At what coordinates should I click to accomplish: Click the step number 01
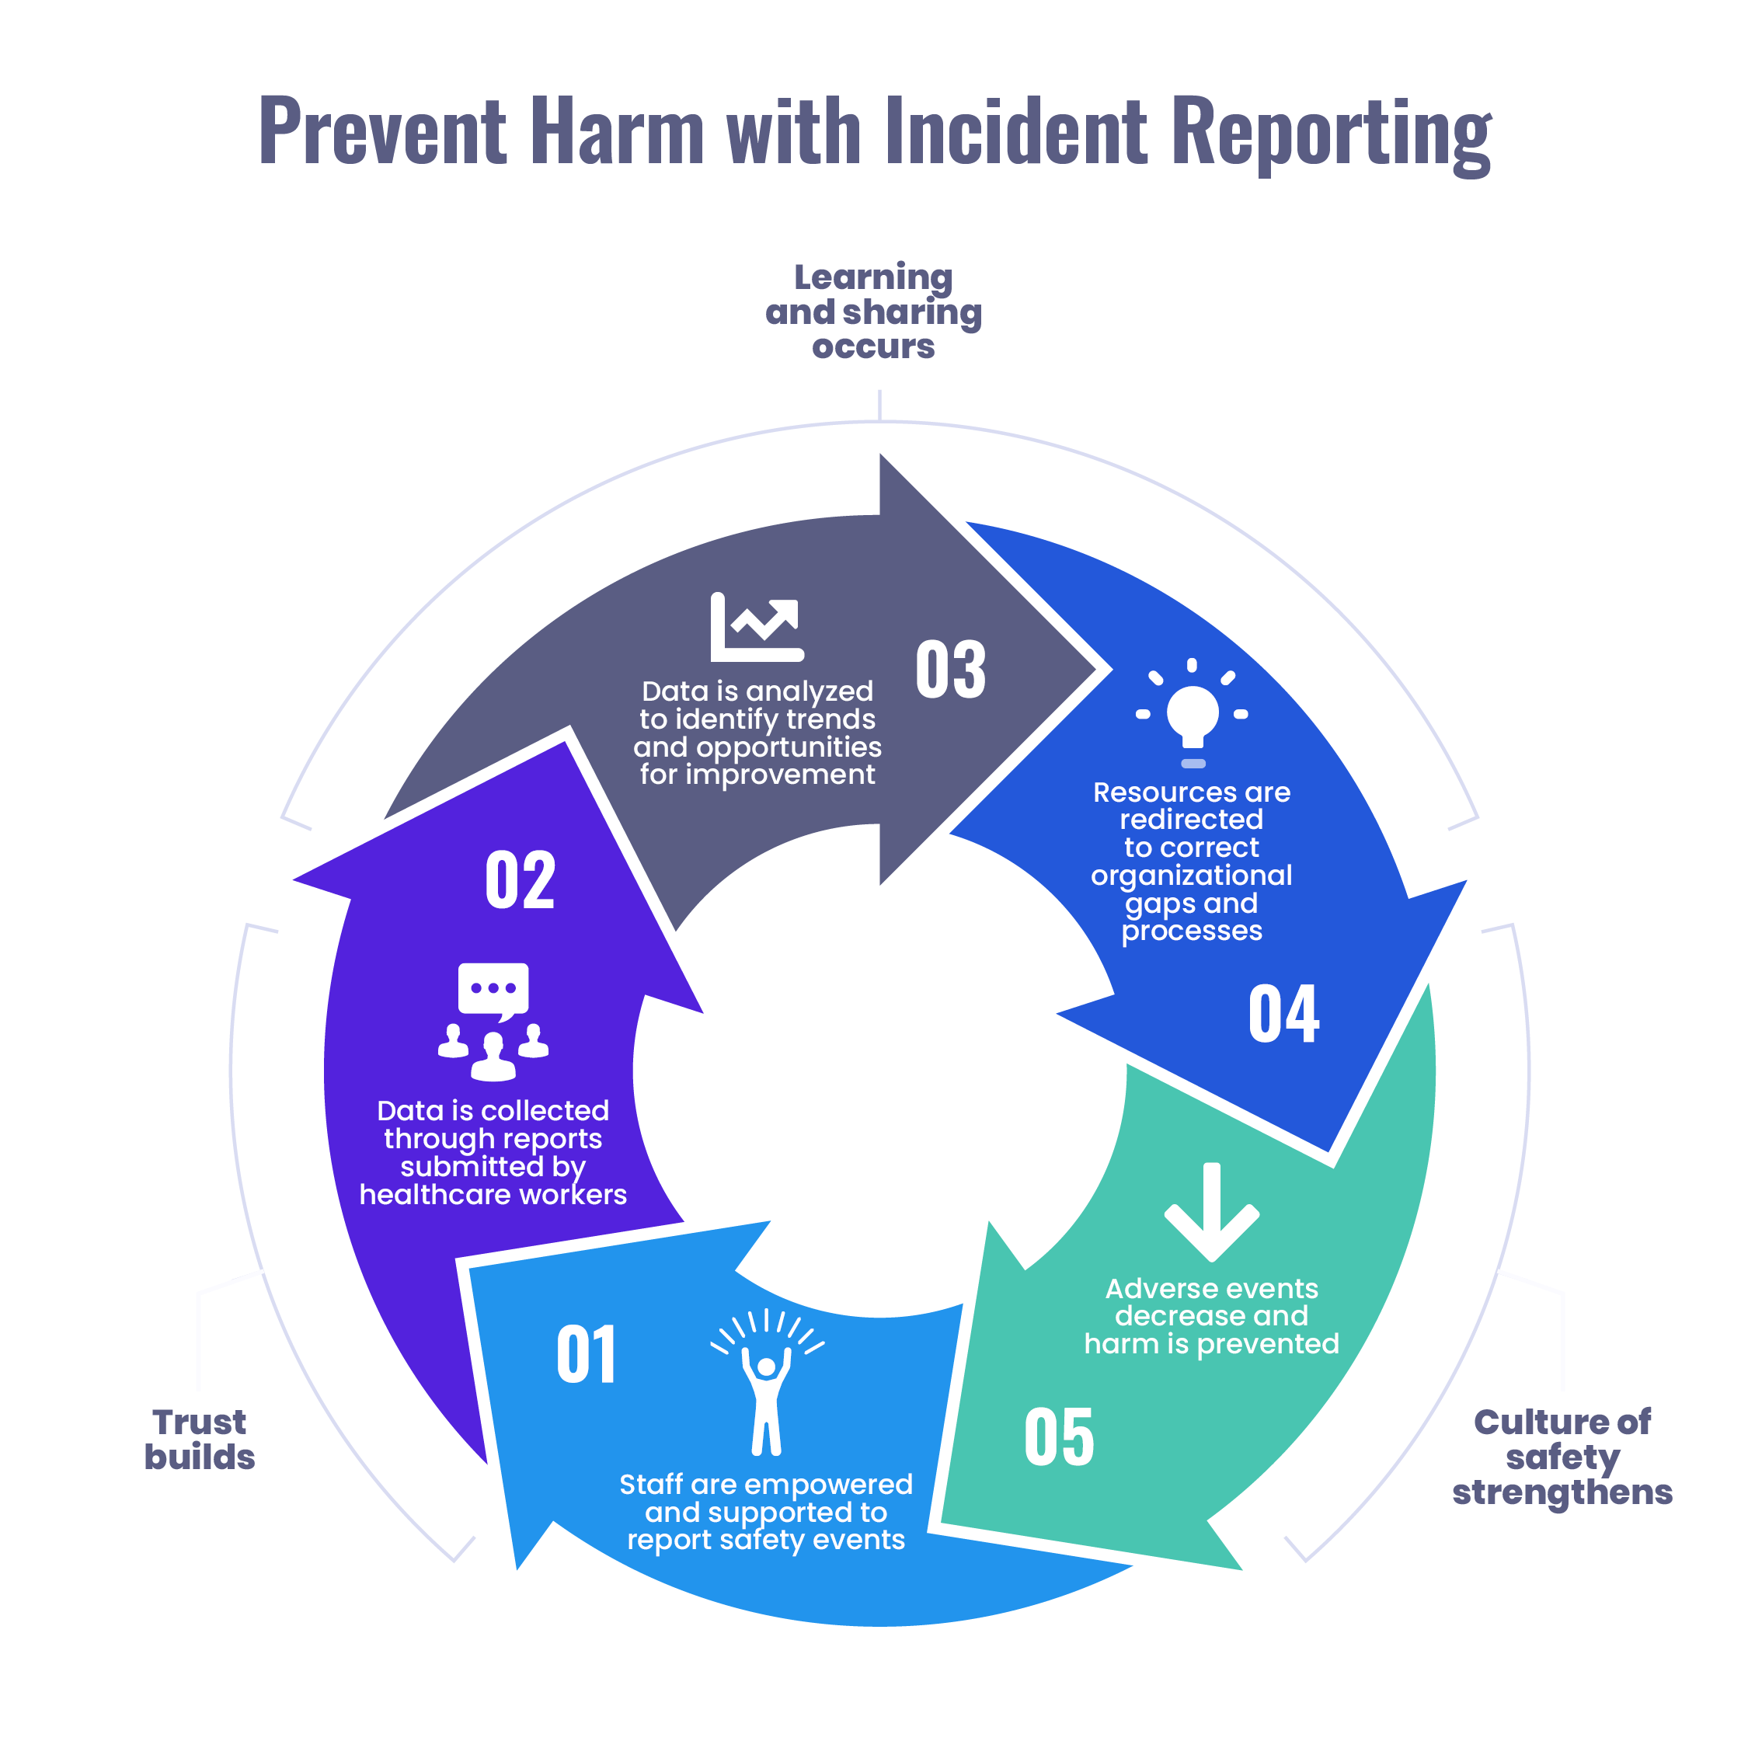(x=587, y=1354)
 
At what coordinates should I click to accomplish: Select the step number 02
(x=519, y=879)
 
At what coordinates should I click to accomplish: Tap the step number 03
(x=950, y=670)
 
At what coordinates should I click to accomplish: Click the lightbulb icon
(x=1193, y=714)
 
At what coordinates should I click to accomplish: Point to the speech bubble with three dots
(x=493, y=990)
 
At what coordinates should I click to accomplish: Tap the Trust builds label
(x=200, y=1440)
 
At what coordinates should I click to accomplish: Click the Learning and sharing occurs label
(x=873, y=312)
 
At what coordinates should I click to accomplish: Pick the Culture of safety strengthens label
(x=1562, y=1457)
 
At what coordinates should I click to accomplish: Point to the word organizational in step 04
(x=1192, y=875)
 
